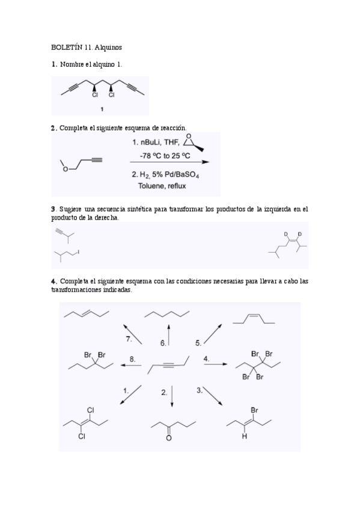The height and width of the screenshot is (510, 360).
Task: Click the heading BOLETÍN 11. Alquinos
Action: (87, 46)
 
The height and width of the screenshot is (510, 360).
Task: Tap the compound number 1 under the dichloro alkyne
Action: (102, 109)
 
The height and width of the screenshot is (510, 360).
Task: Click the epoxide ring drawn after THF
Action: (192, 142)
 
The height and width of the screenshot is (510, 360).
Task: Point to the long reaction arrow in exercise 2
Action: (170, 162)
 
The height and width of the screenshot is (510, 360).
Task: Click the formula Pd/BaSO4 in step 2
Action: (183, 175)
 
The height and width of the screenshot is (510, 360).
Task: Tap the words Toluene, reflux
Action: (162, 186)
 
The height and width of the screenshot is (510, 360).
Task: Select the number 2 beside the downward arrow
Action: (164, 392)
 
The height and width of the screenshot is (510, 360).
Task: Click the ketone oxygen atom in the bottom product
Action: (169, 438)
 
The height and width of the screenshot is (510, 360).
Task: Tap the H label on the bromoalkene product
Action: (244, 437)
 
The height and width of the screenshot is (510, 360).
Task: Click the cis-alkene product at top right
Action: (253, 318)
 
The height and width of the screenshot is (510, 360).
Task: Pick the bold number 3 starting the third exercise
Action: (53, 209)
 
